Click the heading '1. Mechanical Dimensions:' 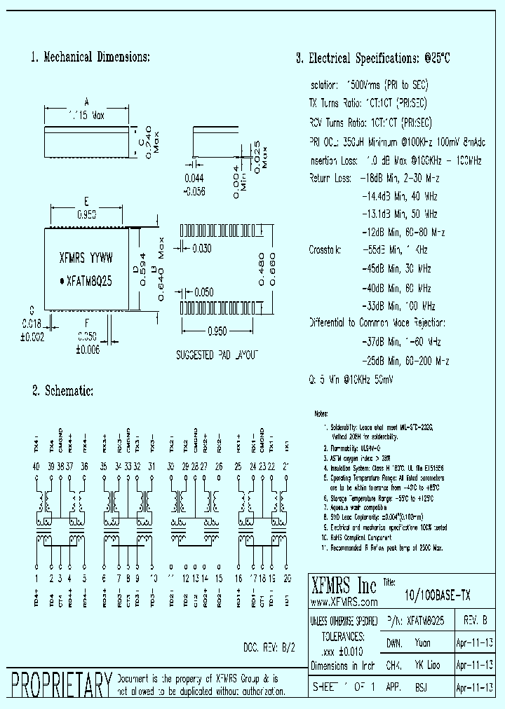90,57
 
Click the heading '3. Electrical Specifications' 372,59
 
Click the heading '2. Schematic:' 62,390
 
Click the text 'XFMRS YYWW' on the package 86,257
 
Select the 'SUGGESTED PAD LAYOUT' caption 217,355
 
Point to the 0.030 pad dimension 202,248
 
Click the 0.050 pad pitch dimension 203,292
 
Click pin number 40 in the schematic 36,466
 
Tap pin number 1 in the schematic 36,579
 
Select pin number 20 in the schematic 286,579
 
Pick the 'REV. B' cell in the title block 477,621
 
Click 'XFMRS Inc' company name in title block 344,586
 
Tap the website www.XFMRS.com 344,602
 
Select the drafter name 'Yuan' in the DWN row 423,642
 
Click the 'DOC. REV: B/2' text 269,648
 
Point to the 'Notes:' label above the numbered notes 321,414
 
